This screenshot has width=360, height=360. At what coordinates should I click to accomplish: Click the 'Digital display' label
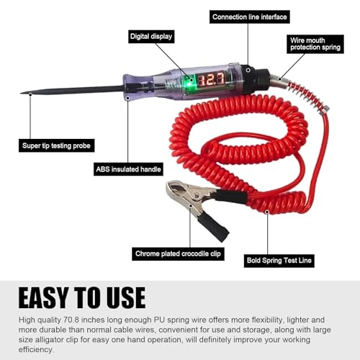(151, 35)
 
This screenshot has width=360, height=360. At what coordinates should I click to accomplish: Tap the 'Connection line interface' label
(250, 17)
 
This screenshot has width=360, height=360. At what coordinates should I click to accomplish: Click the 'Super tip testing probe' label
(58, 145)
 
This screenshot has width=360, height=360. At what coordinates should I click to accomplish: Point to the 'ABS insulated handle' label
(129, 170)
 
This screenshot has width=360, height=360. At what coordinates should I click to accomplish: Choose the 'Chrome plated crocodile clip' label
(180, 253)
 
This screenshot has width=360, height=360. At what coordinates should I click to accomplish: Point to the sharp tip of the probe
(23, 93)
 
